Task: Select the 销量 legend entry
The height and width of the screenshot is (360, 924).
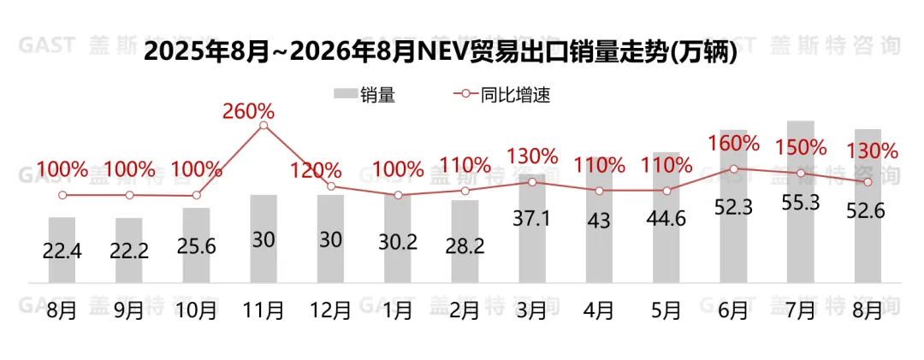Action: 364,94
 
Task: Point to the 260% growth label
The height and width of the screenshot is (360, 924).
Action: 249,111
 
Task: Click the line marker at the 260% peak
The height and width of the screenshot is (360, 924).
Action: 264,126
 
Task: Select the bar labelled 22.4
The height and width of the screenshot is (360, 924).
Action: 62,250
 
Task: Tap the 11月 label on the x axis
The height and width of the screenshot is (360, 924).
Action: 263,310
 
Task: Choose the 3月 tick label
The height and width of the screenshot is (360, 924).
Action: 531,310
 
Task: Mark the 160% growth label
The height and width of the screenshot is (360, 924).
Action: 734,143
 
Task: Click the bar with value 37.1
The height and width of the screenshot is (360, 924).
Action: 532,228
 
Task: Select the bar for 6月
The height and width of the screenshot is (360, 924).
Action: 734,206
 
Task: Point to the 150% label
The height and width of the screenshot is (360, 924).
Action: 801,147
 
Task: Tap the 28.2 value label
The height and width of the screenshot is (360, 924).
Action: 465,245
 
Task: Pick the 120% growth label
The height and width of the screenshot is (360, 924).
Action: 316,171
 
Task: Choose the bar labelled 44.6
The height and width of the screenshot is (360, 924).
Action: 666,217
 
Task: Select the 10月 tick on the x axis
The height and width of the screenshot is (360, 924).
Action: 196,310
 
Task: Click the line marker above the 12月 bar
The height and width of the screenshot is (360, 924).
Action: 330,186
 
